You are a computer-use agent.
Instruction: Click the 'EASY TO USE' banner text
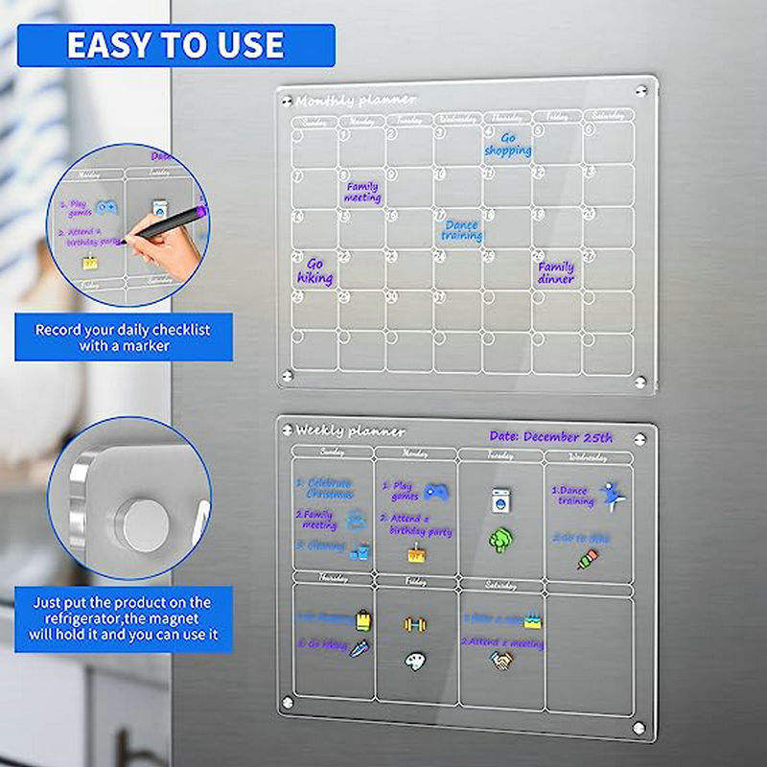click(x=174, y=45)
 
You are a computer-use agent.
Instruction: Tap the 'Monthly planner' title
click(x=356, y=100)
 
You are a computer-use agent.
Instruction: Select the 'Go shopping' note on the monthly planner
click(x=507, y=145)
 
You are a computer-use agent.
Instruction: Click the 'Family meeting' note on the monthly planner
click(x=362, y=192)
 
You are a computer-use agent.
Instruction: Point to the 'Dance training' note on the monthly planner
click(x=461, y=231)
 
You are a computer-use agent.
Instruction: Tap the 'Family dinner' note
click(x=556, y=272)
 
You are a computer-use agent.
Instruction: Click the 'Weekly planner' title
click(x=350, y=431)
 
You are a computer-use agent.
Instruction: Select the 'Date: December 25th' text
click(x=550, y=437)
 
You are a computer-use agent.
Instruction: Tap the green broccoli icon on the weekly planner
click(x=500, y=540)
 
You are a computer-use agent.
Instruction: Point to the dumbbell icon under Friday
click(x=415, y=624)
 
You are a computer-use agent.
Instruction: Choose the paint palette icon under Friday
click(x=414, y=662)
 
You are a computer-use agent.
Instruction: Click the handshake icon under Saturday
click(x=500, y=661)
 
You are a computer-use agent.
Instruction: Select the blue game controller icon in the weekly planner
click(x=436, y=491)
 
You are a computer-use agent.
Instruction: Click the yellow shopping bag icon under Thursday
click(x=363, y=620)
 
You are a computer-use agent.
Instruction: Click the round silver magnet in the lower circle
click(x=142, y=524)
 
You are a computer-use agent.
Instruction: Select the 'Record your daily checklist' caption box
click(x=123, y=337)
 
